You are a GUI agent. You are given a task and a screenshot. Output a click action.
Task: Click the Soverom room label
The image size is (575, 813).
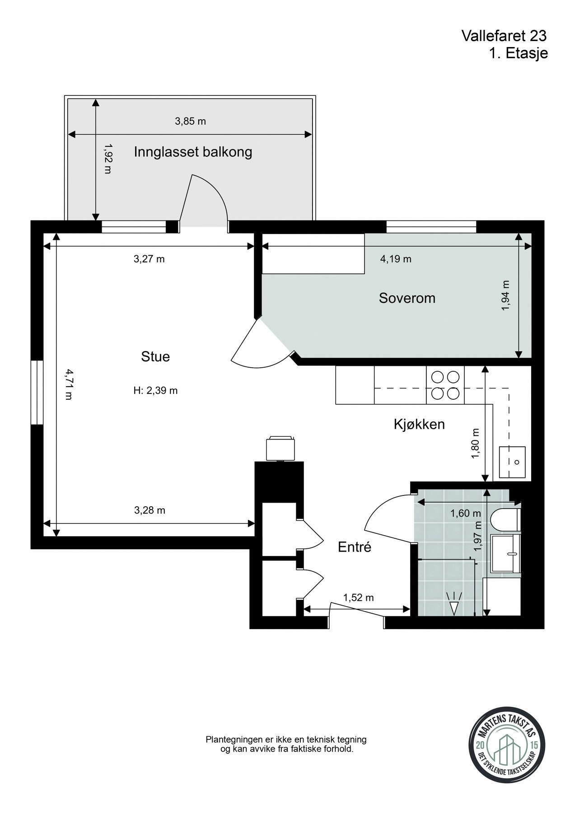[407, 298]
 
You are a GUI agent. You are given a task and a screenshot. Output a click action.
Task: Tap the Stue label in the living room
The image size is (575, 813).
[155, 357]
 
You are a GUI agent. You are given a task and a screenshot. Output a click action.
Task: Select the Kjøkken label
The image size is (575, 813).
[419, 424]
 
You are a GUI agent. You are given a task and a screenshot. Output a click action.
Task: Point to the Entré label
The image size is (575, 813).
[355, 547]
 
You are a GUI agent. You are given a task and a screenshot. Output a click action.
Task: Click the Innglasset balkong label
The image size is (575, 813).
[193, 152]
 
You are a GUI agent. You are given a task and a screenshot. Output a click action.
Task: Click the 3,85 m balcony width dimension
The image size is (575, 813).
[190, 121]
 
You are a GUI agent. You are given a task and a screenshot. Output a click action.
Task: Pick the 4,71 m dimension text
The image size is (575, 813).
[69, 384]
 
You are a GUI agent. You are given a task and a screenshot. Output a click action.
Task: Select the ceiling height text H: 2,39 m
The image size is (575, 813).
[155, 391]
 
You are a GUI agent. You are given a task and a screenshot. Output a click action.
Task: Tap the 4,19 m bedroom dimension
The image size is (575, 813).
[396, 259]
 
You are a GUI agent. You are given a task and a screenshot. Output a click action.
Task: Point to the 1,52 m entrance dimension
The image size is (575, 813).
[359, 598]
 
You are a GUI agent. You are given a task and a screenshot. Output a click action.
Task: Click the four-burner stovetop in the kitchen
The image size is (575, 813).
[445, 385]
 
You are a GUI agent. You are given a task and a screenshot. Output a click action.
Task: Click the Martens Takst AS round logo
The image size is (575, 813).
[504, 748]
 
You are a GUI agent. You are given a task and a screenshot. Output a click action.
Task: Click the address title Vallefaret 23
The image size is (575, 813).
[505, 36]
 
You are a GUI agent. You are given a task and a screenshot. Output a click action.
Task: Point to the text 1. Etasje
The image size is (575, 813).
[518, 53]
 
